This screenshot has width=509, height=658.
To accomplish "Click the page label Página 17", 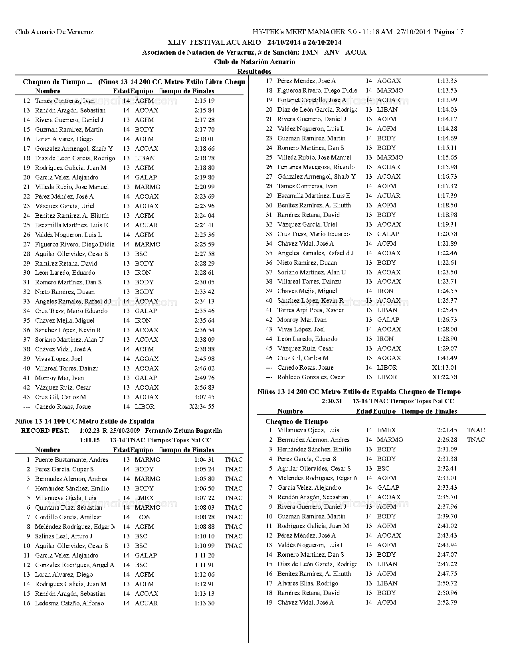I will click(x=448, y=32).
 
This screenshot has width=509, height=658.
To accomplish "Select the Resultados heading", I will click(x=254, y=71).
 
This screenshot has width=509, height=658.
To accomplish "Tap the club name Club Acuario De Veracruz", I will click(x=54, y=32).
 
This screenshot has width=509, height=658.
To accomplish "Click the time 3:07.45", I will click(x=204, y=397).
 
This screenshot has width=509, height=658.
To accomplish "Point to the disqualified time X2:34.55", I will click(x=202, y=407).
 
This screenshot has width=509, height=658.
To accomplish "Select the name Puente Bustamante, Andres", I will click(x=71, y=460).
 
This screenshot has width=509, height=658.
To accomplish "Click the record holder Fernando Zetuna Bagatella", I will click(x=184, y=431).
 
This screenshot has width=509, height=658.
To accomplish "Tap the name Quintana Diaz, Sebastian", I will click(x=69, y=508).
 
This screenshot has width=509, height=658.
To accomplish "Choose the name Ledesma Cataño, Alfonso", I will click(x=69, y=603).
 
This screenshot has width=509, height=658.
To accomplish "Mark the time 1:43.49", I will click(x=447, y=358).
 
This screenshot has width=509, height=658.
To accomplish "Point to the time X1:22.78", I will click(x=445, y=377).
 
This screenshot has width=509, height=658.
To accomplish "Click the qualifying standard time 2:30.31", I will click(x=332, y=401).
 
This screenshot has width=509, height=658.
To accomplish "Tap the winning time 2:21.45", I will click(x=447, y=430).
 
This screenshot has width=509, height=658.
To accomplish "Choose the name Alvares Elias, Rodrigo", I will click(x=308, y=583).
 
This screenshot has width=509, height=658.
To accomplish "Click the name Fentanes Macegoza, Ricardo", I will click(x=316, y=167).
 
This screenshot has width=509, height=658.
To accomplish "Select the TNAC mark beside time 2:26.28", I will click(x=476, y=440).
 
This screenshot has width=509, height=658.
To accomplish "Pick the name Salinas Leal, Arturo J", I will click(x=63, y=536).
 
